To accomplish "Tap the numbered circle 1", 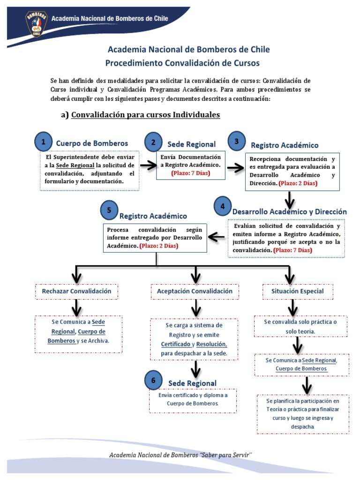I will point(44,141).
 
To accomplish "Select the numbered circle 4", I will point(222,206).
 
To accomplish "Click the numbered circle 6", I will point(152,381).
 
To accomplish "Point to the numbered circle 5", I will point(109,210).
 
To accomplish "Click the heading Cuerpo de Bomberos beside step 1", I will point(92,143).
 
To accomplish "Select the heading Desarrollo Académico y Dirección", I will point(290,211).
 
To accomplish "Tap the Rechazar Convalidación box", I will point(77,291).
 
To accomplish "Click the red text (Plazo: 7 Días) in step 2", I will point(190,173).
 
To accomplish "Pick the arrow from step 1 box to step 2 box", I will point(148,165).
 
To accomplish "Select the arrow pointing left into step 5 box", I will point(216,237).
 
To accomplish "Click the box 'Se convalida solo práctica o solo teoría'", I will point(293,327).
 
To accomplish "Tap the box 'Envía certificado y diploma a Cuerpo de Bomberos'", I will point(193,400).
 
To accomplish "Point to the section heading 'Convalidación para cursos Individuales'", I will point(145,115).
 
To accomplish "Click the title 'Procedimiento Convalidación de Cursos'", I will point(182,63).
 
